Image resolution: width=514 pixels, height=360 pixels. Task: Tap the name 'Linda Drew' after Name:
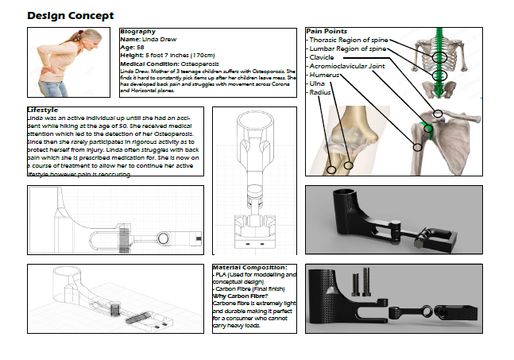point(158,39)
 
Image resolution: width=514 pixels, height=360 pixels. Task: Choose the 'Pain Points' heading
point(326,31)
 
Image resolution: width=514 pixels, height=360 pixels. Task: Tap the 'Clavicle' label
point(323,57)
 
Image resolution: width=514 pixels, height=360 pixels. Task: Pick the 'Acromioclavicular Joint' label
point(346,66)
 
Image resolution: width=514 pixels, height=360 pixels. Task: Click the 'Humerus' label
point(324,75)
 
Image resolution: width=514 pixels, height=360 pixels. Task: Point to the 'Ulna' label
point(317,83)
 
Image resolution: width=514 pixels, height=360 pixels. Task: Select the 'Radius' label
point(320,92)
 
